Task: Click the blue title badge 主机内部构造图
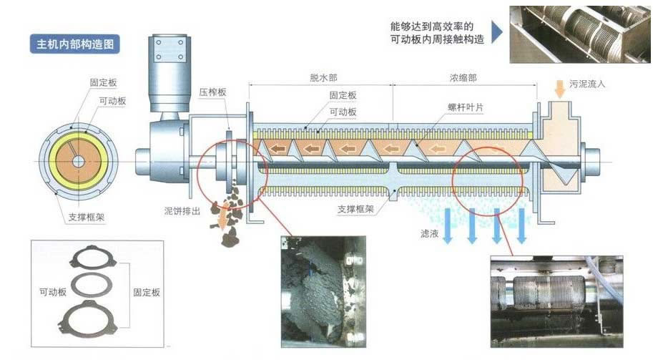click(75, 44)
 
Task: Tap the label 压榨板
click(212, 92)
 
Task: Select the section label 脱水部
click(323, 78)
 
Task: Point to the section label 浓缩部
click(463, 78)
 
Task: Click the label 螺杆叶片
click(466, 107)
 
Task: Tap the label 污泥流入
click(587, 84)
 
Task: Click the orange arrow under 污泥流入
click(560, 89)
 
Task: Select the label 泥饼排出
click(182, 210)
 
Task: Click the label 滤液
click(429, 233)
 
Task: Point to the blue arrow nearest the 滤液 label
click(447, 226)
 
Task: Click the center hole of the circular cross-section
click(78, 162)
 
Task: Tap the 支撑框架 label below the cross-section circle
click(87, 218)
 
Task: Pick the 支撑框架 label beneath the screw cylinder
click(355, 209)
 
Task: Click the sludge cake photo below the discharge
click(323, 292)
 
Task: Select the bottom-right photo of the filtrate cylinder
click(556, 301)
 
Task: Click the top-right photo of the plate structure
click(580, 34)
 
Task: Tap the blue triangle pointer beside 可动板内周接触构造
click(497, 33)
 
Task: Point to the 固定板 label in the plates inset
click(147, 292)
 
